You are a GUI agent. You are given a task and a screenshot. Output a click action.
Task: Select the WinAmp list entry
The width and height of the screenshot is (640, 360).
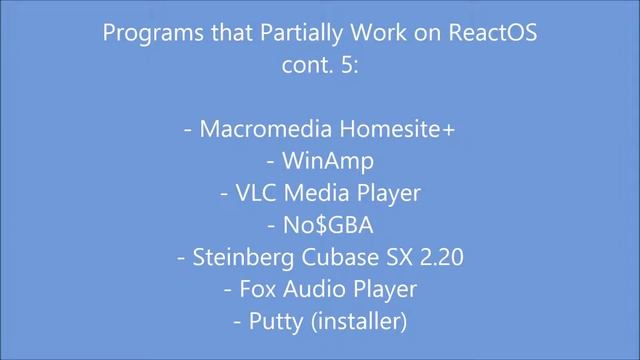(325, 161)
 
